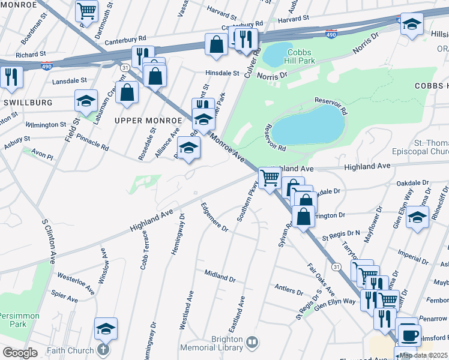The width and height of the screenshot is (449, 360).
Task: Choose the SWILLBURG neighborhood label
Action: coord(28,103)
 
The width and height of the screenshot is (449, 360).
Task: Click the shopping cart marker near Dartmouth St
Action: coord(87,10)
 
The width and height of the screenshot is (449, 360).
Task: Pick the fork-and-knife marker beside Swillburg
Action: coord(11,77)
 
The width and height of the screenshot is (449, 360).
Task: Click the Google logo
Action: coord(20,353)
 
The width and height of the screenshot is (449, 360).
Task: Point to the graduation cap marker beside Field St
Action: coord(86,101)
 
